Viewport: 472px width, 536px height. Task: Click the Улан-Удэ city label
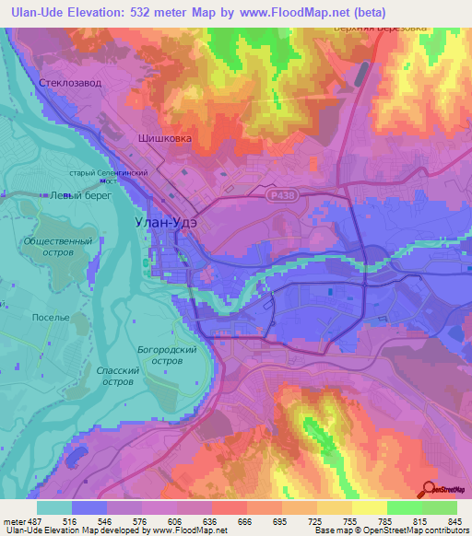[152, 221]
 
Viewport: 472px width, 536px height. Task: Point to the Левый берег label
[74, 195]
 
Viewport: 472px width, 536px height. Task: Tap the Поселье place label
[51, 317]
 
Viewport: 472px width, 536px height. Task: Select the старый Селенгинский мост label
[110, 176]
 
